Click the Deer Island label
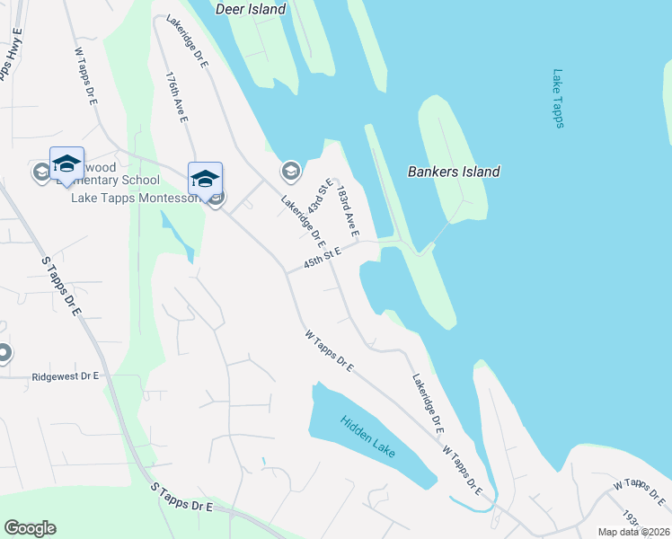pos(251,10)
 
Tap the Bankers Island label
pos(454,172)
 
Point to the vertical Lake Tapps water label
pos(558,99)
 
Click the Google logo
pos(30,528)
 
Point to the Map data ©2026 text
pos(633,532)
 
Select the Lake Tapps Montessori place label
pos(135,198)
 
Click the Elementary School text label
pos(108,181)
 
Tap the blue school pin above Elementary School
pos(66,163)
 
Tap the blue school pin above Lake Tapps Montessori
pos(205,178)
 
